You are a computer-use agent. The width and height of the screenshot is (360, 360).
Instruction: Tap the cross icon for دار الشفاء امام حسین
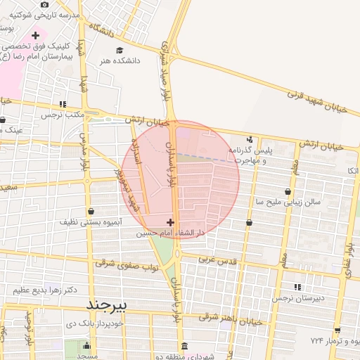pyautogui.click(x=170, y=221)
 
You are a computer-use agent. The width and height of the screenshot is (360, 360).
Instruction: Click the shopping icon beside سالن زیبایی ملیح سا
pyautogui.click(x=288, y=191)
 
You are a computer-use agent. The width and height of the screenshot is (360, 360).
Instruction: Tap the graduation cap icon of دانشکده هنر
pyautogui.click(x=119, y=50)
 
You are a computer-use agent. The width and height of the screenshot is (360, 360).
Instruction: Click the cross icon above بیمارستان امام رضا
pyautogui.click(x=35, y=34)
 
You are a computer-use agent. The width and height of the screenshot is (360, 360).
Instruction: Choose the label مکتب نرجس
pyautogui.click(x=61, y=114)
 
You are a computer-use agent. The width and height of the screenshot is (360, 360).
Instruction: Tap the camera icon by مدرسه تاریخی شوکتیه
pyautogui.click(x=46, y=5)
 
